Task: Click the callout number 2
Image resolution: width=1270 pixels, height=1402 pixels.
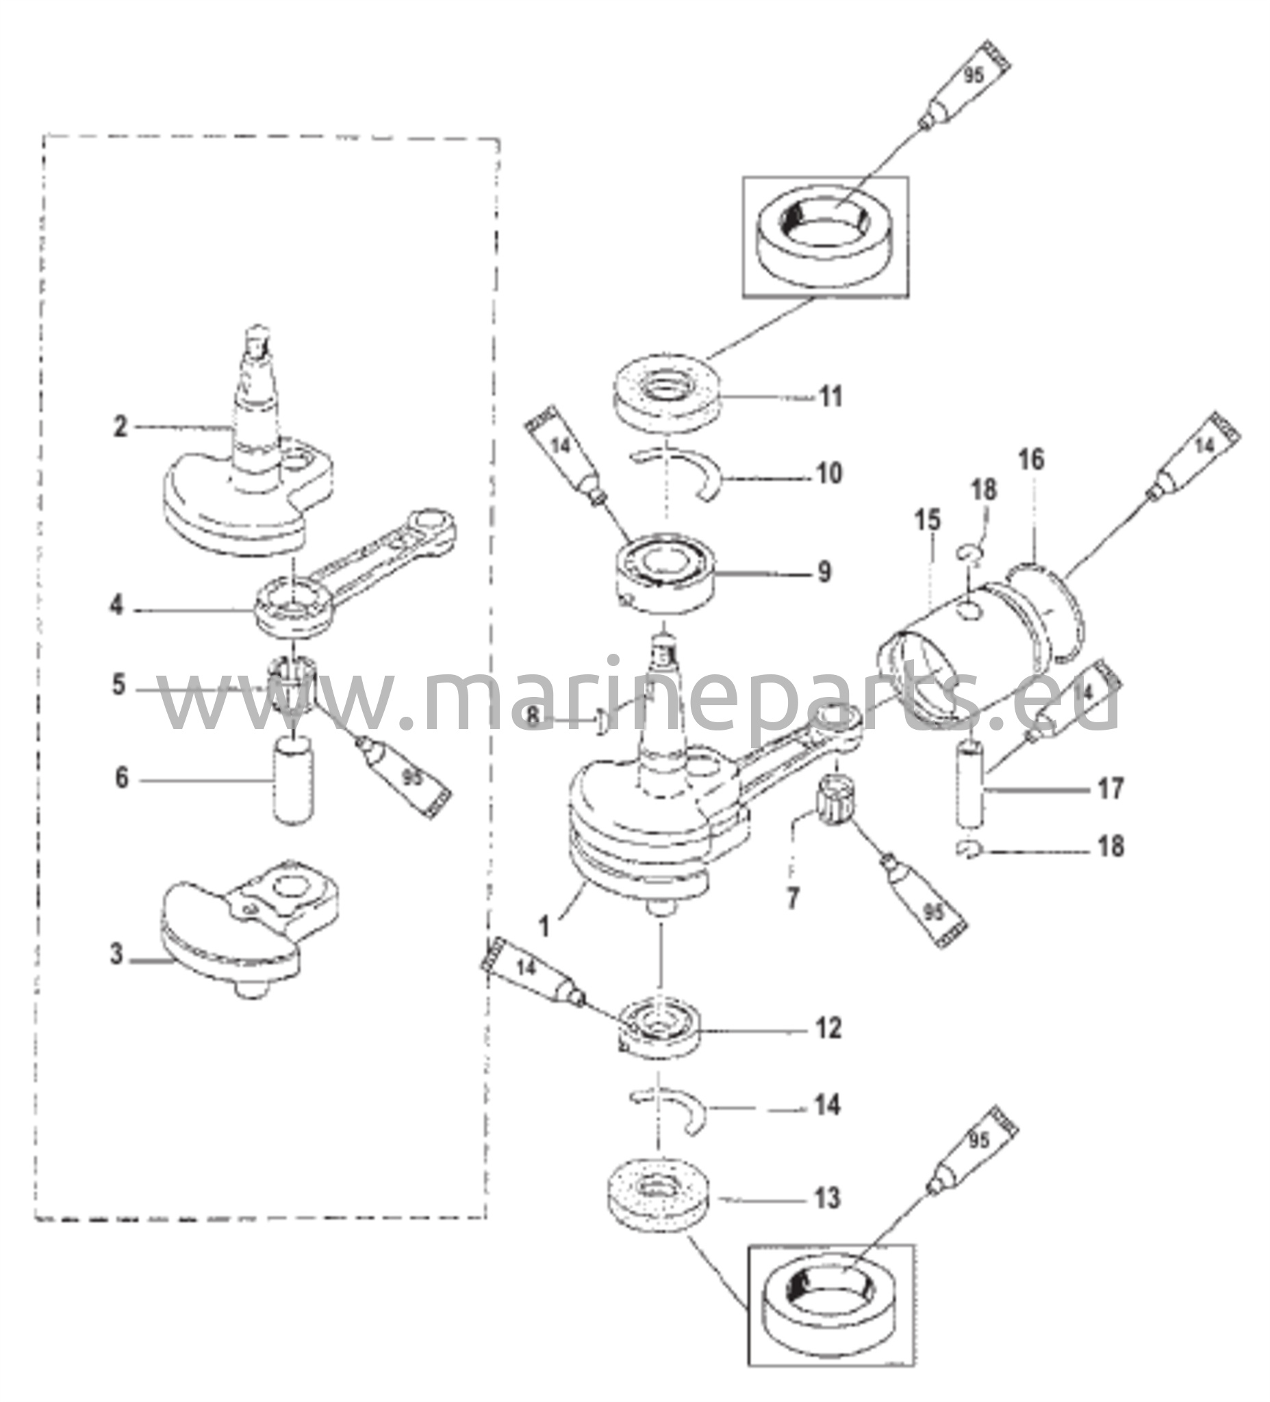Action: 121,427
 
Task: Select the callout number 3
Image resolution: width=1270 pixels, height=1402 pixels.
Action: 118,954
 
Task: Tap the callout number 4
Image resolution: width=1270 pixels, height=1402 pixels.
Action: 117,605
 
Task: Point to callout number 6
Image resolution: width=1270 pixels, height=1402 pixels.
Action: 122,778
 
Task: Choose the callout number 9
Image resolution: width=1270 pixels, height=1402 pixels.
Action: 824,572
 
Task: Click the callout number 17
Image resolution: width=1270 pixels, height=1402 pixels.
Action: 1110,789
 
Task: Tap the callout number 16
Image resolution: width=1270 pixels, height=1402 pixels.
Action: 1032,459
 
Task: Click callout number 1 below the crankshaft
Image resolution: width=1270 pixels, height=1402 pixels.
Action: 545,926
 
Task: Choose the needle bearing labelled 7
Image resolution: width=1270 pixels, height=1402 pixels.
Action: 838,797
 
